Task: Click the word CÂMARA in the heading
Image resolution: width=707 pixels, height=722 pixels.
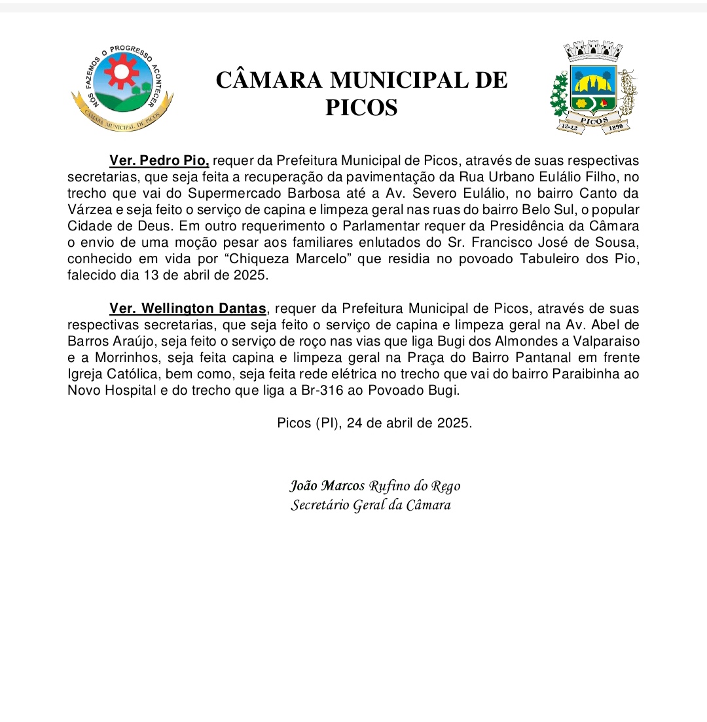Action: pyautogui.click(x=269, y=80)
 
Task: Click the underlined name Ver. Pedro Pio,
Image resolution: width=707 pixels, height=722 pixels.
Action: pyautogui.click(x=159, y=161)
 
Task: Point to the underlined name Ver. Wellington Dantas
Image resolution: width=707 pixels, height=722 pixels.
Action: pyautogui.click(x=188, y=309)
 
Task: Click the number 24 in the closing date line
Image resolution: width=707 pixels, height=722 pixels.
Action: pyautogui.click(x=355, y=423)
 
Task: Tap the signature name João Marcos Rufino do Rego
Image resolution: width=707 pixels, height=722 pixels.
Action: pyautogui.click(x=375, y=486)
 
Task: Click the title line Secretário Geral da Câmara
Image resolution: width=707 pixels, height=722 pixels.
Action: pyautogui.click(x=371, y=505)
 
